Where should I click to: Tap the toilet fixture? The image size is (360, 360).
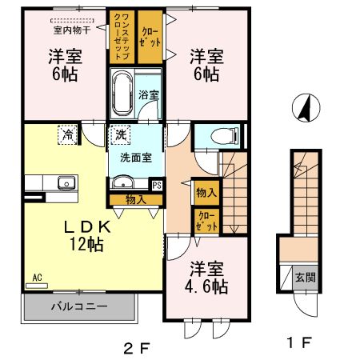(x=224, y=136)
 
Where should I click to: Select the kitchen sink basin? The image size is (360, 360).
(x=66, y=182)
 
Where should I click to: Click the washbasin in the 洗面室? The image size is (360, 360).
(x=123, y=182)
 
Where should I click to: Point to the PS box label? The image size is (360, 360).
(x=157, y=186)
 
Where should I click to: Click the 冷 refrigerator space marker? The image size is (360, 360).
(x=67, y=135)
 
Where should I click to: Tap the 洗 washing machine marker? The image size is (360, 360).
(x=121, y=135)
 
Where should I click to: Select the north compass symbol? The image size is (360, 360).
(x=306, y=108)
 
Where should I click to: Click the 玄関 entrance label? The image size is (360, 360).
(x=306, y=278)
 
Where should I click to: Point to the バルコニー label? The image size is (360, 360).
(x=79, y=306)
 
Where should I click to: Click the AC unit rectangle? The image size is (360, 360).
(x=37, y=286)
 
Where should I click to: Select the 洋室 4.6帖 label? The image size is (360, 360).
(x=206, y=278)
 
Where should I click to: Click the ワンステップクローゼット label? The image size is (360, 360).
(x=122, y=36)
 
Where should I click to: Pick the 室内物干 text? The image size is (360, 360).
(x=72, y=30)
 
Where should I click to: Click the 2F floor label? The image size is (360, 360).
(x=137, y=348)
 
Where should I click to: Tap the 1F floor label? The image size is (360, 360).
(x=299, y=342)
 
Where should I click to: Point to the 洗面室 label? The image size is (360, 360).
(x=136, y=158)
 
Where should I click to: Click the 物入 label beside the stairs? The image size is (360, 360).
(x=206, y=192)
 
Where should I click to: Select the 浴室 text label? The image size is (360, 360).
(x=149, y=94)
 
